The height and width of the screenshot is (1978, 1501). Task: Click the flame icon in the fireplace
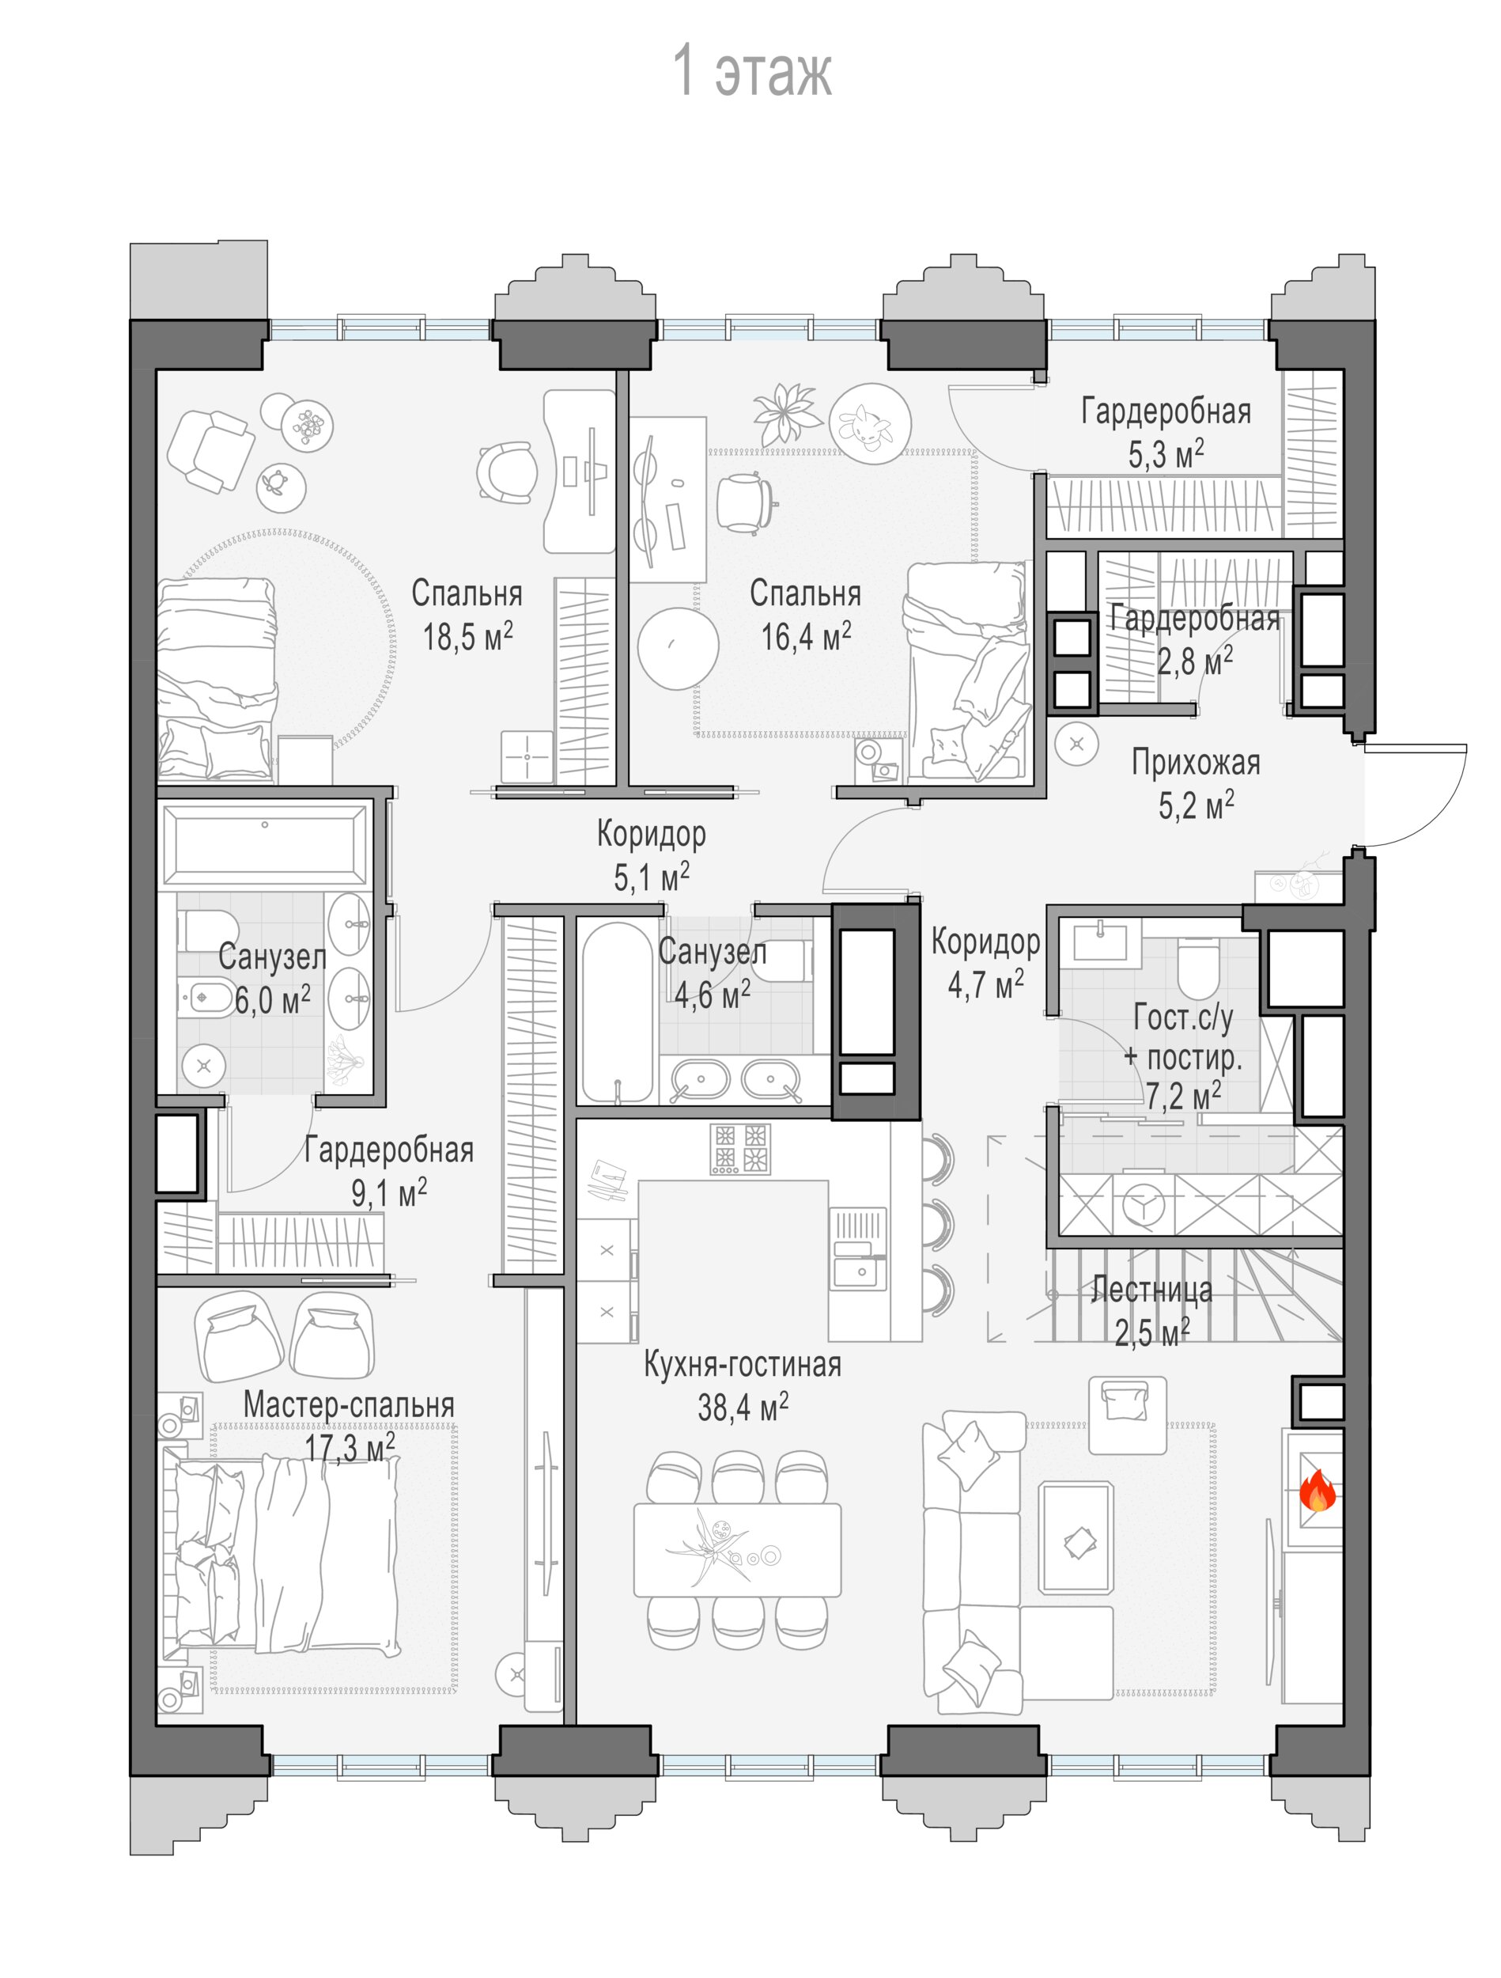point(1316,1491)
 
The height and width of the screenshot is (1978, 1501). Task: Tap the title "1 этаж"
point(752,70)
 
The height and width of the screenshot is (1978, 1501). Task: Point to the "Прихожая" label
point(1197,763)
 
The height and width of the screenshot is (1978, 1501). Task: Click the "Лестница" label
point(1152,1290)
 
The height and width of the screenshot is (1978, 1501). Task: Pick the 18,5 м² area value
point(467,637)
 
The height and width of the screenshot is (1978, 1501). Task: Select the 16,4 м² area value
point(806,637)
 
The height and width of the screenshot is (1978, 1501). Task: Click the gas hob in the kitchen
point(740,1149)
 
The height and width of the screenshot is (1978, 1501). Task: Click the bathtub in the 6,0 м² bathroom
point(265,843)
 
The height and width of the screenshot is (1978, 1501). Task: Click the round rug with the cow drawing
point(870,424)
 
